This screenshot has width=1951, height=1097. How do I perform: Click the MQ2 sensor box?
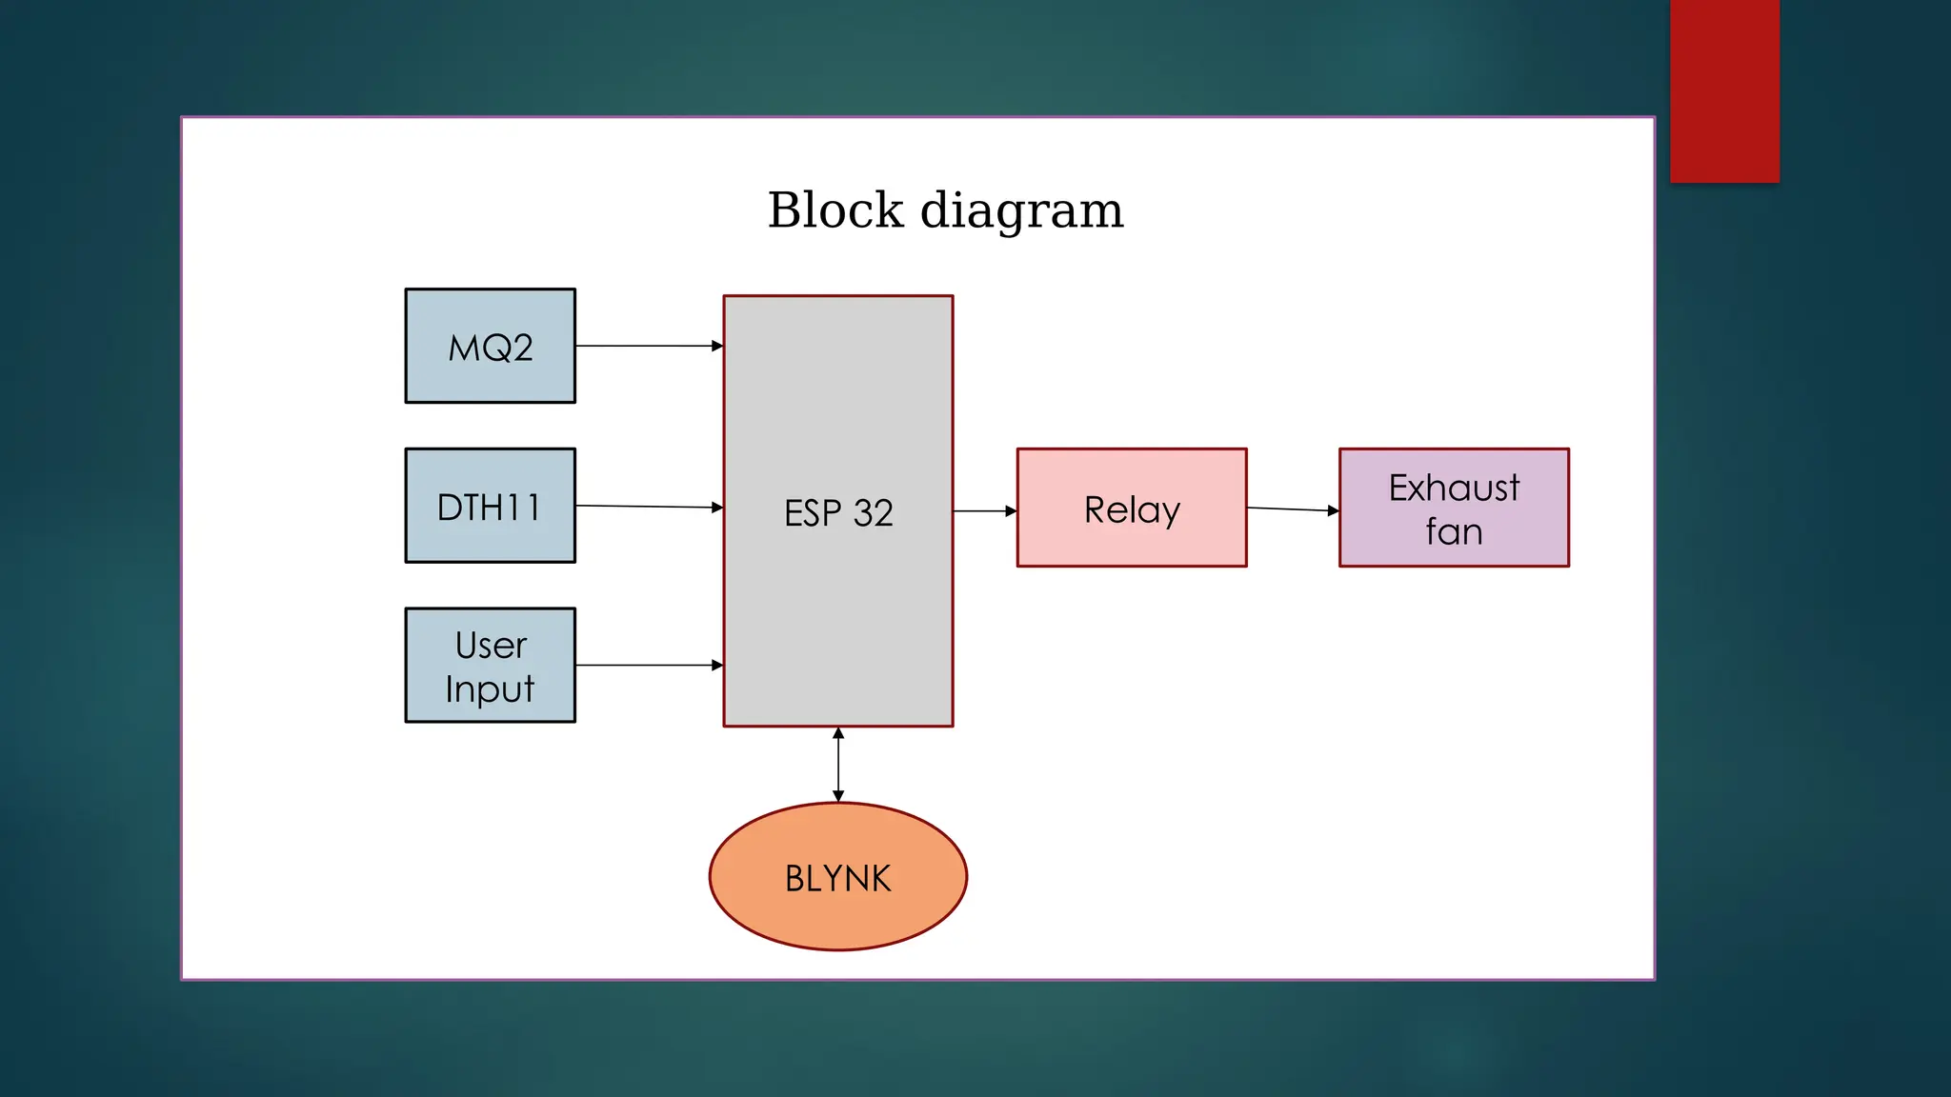point(490,346)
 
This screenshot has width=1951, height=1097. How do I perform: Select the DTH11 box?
point(490,506)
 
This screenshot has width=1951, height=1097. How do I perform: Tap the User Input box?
point(490,666)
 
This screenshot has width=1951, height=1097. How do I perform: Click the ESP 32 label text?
point(838,513)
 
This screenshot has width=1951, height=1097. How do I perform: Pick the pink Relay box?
point(1132,509)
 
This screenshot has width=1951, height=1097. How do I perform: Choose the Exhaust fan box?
point(1454,509)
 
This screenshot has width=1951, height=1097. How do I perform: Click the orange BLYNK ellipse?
point(838,877)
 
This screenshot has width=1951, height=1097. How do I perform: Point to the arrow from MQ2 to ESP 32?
point(648,346)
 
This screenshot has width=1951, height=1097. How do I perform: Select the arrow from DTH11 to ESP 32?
point(648,507)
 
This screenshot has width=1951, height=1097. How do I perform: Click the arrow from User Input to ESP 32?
point(648,665)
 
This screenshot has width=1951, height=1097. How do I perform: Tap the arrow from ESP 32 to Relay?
point(983,511)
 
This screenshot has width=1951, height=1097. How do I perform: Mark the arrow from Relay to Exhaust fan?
point(1291,509)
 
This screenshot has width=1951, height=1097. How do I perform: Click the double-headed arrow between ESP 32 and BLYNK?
point(838,765)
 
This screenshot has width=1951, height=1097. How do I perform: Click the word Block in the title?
point(835,210)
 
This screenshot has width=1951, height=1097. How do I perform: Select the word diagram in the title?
point(1021,210)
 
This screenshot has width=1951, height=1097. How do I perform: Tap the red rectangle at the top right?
point(1724,90)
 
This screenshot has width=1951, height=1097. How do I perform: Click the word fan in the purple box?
point(1454,531)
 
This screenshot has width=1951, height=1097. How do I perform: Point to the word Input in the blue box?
point(490,688)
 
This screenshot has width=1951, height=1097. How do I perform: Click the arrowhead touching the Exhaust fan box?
point(1333,511)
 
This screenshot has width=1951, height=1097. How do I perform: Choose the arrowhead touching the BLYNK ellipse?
point(838,796)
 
